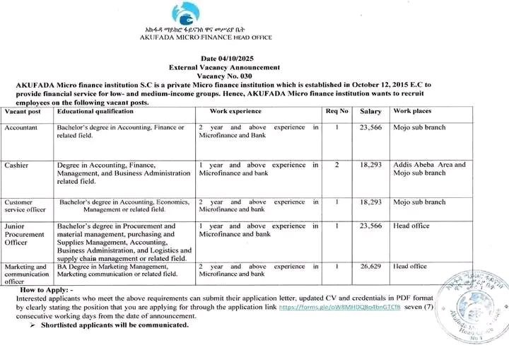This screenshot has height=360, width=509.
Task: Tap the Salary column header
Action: [x=370, y=112]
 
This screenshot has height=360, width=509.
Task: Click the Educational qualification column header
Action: [x=95, y=112]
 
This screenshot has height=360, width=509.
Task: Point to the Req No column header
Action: [x=337, y=112]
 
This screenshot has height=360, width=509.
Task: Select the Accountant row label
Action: [x=22, y=127]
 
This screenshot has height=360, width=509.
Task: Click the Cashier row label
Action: [x=16, y=165]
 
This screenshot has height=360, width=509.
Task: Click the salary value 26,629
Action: [x=370, y=267]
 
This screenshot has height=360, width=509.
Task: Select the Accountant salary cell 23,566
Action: [x=370, y=127]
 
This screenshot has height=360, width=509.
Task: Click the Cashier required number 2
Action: [x=337, y=165]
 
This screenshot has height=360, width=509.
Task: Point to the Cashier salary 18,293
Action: [x=370, y=165]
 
